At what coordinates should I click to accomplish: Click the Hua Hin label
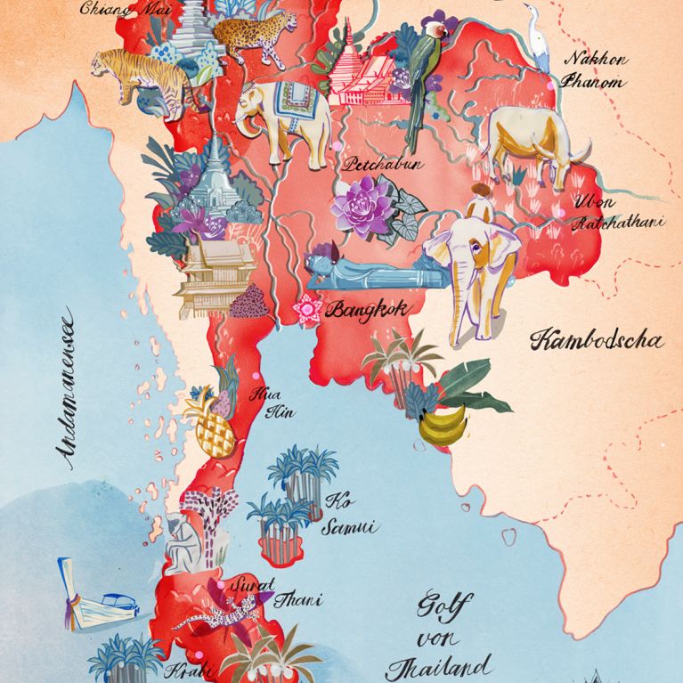[x=267, y=402]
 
